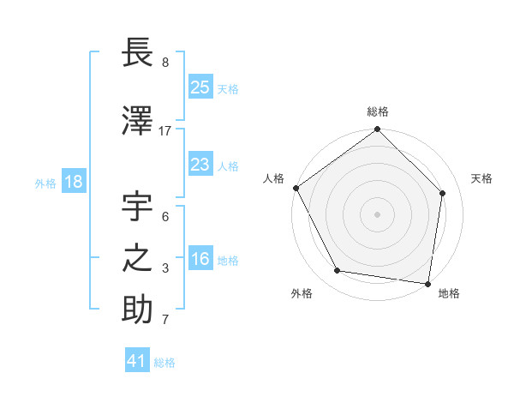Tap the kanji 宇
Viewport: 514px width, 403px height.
tap(138, 208)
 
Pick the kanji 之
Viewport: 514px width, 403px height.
tap(138, 260)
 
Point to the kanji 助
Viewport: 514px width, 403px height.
tap(138, 310)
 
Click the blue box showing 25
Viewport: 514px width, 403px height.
tap(200, 87)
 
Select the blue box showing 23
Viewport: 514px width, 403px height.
tap(200, 165)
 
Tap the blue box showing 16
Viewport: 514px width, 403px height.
tap(200, 260)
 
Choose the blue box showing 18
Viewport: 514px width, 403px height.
tap(73, 183)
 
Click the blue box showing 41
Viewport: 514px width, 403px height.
tap(137, 361)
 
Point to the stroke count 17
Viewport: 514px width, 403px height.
tap(165, 131)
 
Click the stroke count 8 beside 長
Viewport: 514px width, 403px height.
tap(165, 63)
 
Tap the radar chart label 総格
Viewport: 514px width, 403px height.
tap(378, 111)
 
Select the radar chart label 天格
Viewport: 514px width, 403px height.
tap(481, 178)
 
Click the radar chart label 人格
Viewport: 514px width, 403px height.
tap(273, 178)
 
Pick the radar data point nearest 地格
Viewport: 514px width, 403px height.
tap(428, 283)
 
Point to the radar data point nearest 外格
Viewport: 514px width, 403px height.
tap(338, 271)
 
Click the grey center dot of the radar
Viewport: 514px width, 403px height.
tap(377, 214)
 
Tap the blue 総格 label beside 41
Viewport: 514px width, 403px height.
tap(164, 363)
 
